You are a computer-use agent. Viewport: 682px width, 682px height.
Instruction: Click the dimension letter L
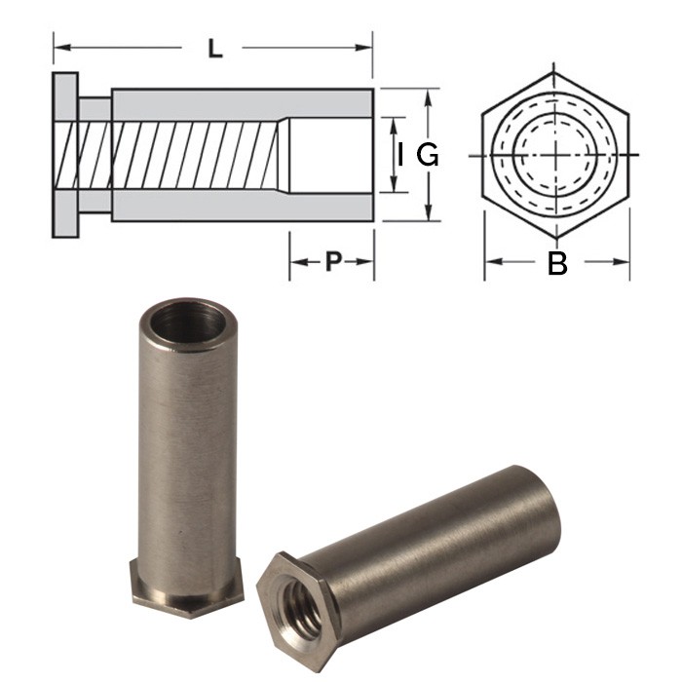[x=215, y=48]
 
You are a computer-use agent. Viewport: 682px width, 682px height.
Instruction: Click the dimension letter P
[x=332, y=261]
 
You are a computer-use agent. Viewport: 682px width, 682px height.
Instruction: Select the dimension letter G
[x=428, y=155]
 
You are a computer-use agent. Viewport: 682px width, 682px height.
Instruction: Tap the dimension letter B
[x=557, y=262]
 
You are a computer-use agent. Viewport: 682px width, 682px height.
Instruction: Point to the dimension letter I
[x=400, y=155]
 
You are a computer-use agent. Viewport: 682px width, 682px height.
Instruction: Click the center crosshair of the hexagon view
[x=555, y=155]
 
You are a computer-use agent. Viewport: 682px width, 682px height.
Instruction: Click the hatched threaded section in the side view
[x=175, y=155]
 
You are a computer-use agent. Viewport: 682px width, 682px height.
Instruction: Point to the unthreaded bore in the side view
[x=331, y=155]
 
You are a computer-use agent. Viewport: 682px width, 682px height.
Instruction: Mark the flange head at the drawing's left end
[x=66, y=155]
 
